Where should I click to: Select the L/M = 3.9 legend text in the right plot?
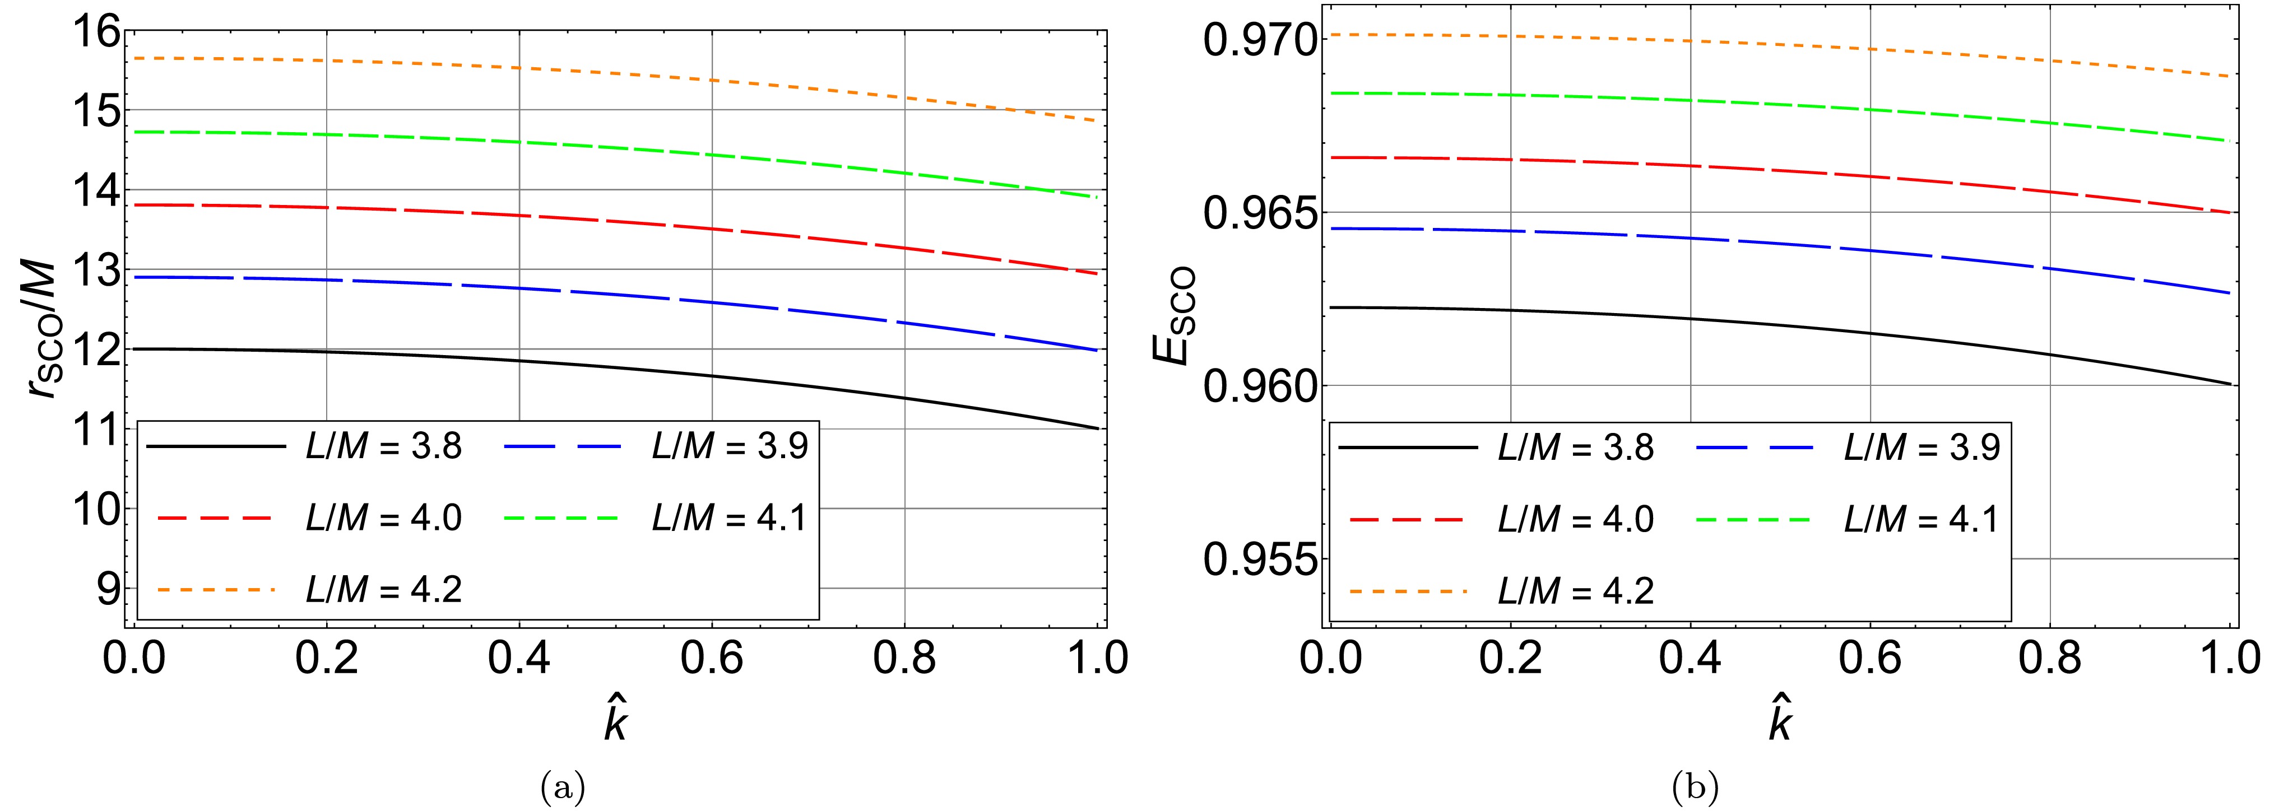pos(1922,448)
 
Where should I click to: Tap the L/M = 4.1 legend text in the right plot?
pos(1922,519)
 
